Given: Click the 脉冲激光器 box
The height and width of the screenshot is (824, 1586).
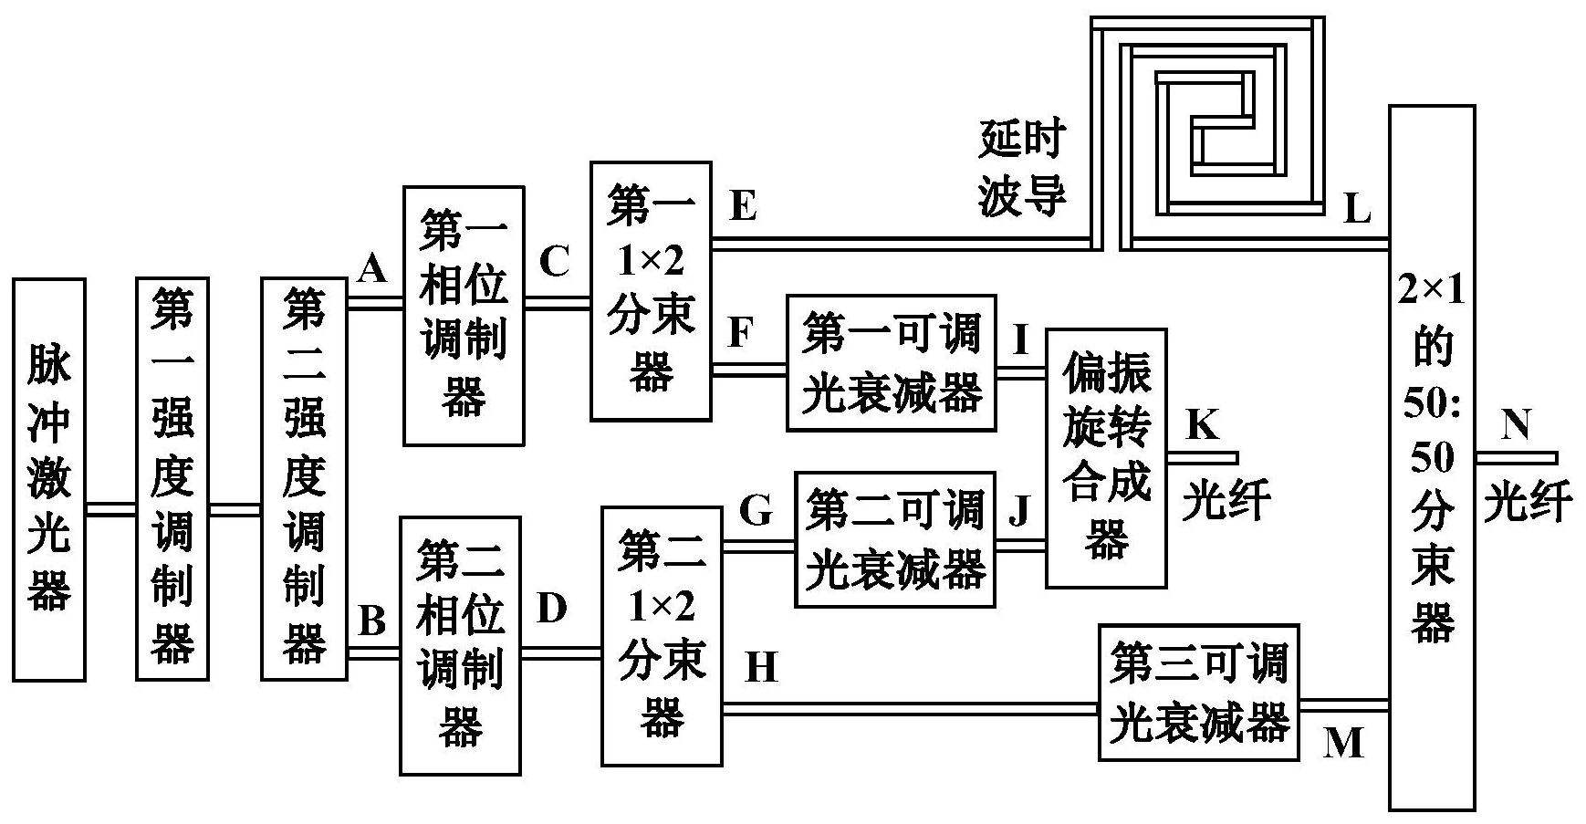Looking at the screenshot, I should coord(49,479).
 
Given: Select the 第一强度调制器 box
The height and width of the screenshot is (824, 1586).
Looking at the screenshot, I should coord(172,479).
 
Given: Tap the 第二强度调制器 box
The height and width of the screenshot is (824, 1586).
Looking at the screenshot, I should coord(304,479).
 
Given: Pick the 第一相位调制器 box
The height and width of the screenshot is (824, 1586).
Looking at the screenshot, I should coord(464,316).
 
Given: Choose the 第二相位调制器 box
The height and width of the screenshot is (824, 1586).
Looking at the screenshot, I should coord(460,645).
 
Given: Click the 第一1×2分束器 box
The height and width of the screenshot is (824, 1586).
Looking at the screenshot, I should coord(650,291).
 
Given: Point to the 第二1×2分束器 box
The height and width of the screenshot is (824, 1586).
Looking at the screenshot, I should coord(661,636).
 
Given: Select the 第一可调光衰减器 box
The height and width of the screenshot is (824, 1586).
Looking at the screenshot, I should coord(891,363).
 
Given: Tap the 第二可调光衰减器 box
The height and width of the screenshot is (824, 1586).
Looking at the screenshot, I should coord(894,539).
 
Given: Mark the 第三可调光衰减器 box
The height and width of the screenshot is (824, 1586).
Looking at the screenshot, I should coord(1198,693).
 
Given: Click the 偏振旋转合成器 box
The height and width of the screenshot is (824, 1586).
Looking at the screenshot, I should coord(1106,458).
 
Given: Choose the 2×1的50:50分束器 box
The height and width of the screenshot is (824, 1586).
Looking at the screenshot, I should coord(1431,458).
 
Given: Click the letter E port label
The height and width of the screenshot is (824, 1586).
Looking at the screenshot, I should coord(743,207).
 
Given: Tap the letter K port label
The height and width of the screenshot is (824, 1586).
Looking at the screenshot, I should coord(1202,424).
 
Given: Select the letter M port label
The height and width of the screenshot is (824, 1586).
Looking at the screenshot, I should coord(1342,744).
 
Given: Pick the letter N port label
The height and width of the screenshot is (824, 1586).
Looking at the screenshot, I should coord(1515,425).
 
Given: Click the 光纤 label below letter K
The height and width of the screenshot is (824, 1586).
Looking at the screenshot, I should coord(1226,500).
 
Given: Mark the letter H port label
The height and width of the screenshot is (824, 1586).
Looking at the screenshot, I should coord(761,668).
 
